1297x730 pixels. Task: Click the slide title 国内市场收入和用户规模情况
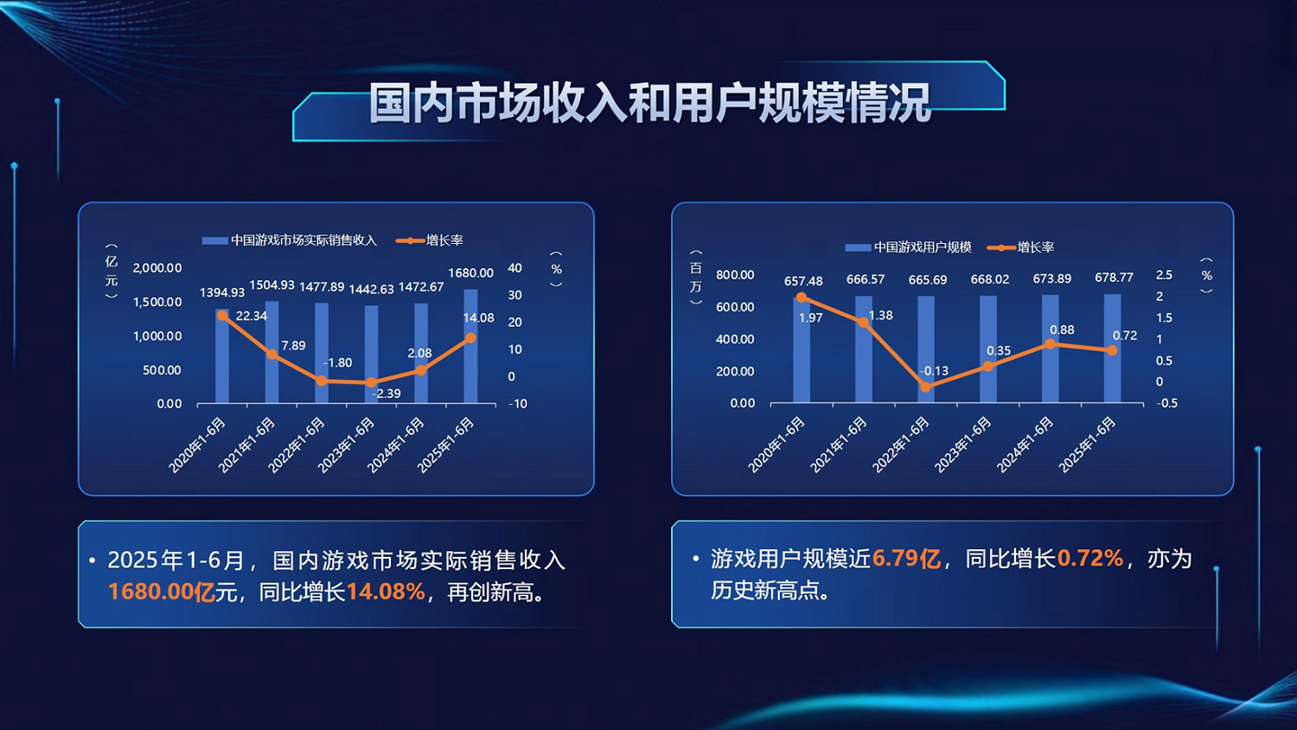[x=649, y=102]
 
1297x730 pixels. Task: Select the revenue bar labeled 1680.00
[x=470, y=346]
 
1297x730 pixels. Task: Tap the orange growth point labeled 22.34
[x=223, y=317]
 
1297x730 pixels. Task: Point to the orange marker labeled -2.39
[x=371, y=382]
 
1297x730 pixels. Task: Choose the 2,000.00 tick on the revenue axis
[x=157, y=268]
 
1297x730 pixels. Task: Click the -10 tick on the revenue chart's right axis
[x=517, y=404]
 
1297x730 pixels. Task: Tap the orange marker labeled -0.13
[x=926, y=387]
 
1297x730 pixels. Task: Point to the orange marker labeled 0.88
[x=1051, y=344]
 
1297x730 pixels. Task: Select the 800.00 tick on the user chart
[x=735, y=275]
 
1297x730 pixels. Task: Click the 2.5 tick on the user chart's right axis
[x=1164, y=275]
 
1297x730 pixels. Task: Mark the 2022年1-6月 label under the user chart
[x=901, y=445]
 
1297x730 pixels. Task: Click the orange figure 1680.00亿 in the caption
[x=161, y=592]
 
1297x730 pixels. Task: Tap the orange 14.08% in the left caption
[x=386, y=592]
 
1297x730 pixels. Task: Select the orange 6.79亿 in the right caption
[x=906, y=559]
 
